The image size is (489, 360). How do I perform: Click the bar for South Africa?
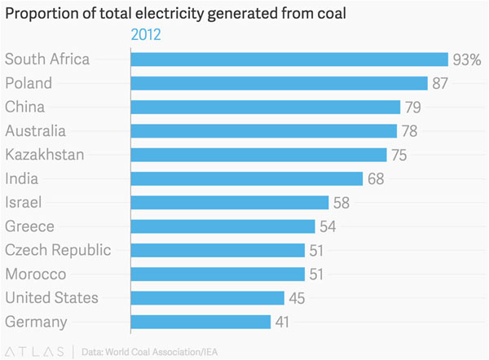pos(289,59)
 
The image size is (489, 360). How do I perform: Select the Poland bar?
pos(279,83)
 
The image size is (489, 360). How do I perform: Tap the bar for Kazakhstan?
pos(258,155)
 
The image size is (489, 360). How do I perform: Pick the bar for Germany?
pos(200,322)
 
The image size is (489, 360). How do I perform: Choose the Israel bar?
pos(229,203)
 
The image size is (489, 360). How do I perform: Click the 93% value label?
pos(467,59)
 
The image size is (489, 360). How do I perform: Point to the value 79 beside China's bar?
pos(413,107)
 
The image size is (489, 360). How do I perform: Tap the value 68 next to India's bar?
pos(376,178)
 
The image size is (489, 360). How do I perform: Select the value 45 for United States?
pos(297,298)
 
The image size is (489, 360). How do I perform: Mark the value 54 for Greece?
pos(328,226)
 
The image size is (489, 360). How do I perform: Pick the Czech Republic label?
pos(58,250)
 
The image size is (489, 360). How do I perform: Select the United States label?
pos(51,298)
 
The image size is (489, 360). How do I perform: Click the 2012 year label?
pos(146,34)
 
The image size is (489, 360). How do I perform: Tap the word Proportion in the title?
pos(38,12)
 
